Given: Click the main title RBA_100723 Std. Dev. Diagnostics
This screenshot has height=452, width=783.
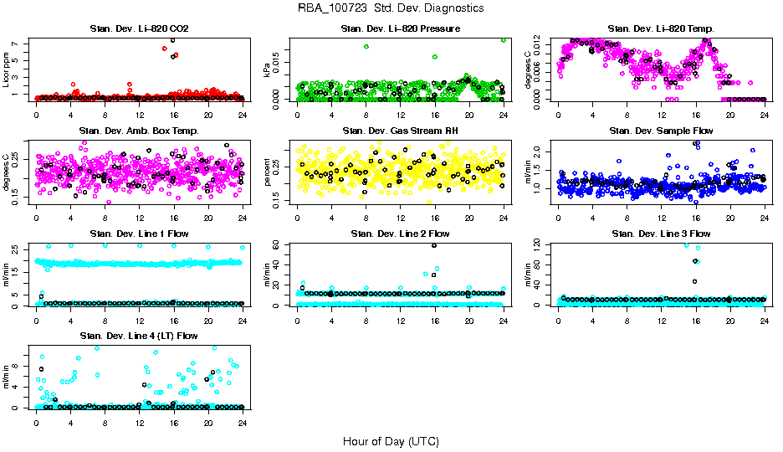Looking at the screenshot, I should (391, 8).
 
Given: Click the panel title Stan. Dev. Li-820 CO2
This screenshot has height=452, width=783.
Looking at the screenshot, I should (139, 29).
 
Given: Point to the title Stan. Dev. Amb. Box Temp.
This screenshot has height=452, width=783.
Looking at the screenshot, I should (139, 131).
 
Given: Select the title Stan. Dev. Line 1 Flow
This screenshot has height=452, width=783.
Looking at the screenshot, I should (139, 234).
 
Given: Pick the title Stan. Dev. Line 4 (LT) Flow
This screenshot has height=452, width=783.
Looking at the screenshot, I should (139, 336).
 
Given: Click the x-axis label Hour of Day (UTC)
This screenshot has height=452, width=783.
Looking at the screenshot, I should (391, 441).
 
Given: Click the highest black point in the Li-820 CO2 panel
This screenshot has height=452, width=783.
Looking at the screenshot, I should (172, 40).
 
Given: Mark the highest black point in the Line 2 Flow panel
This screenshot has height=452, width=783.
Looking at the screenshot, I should (433, 245).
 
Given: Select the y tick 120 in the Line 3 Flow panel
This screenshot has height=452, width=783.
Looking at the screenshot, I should (535, 244).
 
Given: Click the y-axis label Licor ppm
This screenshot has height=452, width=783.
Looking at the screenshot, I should (6, 69).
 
